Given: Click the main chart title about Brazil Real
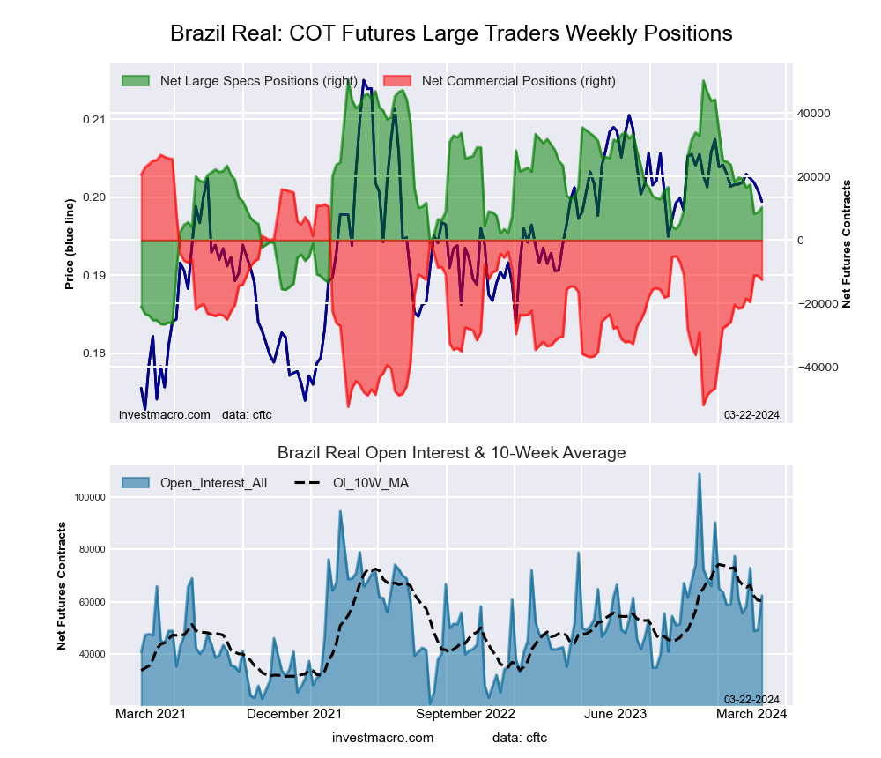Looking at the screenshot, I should click(450, 33).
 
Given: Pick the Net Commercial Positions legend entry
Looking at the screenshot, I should click(518, 81).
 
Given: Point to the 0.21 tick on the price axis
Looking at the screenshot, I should click(93, 119).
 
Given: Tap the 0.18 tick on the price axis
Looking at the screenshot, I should click(93, 353).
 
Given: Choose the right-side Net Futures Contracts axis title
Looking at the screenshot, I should click(847, 243).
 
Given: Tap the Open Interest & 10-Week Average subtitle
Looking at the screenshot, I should click(451, 453).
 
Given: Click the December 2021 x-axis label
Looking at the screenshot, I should click(294, 714).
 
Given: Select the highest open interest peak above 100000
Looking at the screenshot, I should click(700, 475).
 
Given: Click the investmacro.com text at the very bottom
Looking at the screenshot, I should click(382, 738).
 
